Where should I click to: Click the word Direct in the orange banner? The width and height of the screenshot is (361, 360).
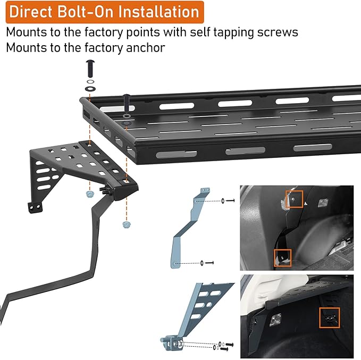(x=35, y=11)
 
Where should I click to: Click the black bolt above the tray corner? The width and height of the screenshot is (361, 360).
(x=89, y=68)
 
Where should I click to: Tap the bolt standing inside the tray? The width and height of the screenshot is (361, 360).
(x=127, y=101)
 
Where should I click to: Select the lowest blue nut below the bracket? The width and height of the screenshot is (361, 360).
(x=126, y=224)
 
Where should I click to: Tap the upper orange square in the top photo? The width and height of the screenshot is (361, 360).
(x=294, y=198)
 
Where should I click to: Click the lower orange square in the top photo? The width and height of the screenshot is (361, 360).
(x=282, y=257)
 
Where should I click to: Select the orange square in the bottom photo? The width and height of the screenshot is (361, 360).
(x=330, y=318)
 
